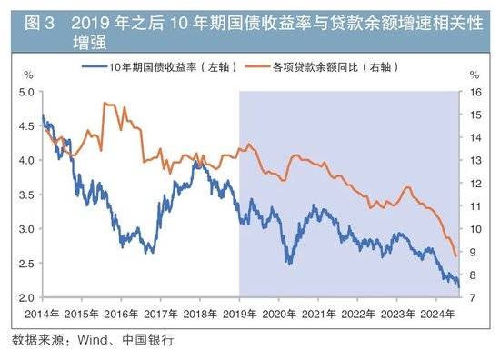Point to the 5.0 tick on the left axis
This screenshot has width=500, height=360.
coord(25,92)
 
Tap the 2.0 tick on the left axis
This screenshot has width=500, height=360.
coord(25,297)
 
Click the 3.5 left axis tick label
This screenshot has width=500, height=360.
coord(25,195)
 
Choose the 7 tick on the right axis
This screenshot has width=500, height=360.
coord(474,297)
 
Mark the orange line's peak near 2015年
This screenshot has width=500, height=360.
coord(107,104)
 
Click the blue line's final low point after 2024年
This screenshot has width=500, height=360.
coord(458,287)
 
